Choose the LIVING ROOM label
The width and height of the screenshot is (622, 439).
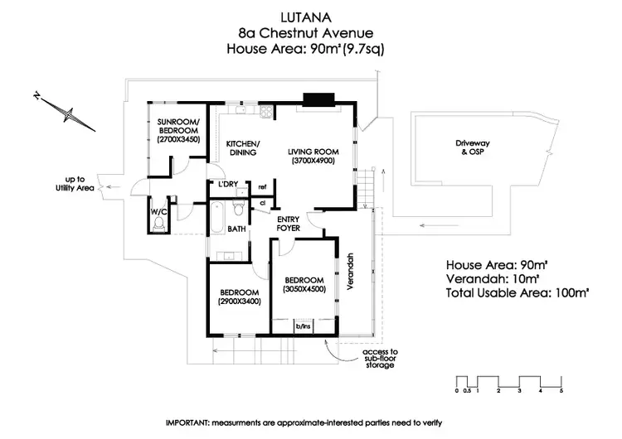[312, 152]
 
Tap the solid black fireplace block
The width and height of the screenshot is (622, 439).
[318, 100]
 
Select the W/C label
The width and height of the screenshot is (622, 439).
[158, 212]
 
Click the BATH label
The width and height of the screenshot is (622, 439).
[236, 229]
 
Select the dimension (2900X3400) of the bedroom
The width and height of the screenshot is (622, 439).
[240, 302]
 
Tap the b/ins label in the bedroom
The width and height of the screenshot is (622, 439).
[303, 327]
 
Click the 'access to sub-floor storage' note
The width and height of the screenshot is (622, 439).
[381, 359]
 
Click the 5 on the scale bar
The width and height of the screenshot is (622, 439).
[561, 390]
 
